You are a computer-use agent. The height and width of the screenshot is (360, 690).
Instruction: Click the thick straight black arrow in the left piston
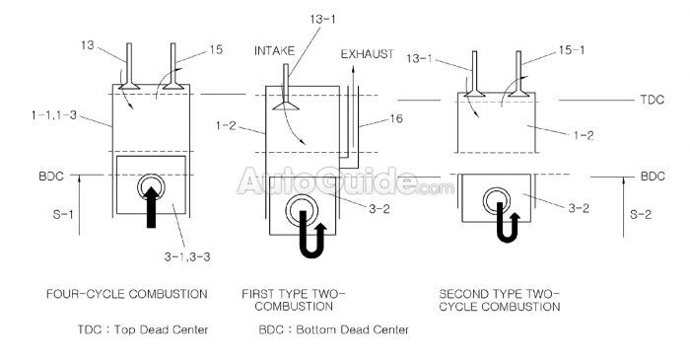pyautogui.click(x=151, y=202)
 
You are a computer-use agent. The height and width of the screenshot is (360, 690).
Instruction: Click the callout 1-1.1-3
pyautogui.click(x=55, y=117)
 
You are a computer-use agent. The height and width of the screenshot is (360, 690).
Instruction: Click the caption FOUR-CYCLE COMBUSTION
pyautogui.click(x=126, y=294)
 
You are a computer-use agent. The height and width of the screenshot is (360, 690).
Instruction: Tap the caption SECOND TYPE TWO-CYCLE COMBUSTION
pyautogui.click(x=500, y=300)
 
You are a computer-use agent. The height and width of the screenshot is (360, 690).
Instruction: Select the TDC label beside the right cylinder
pyautogui.click(x=652, y=102)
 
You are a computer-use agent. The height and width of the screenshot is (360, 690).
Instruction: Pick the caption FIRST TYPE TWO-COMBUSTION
pyautogui.click(x=295, y=300)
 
